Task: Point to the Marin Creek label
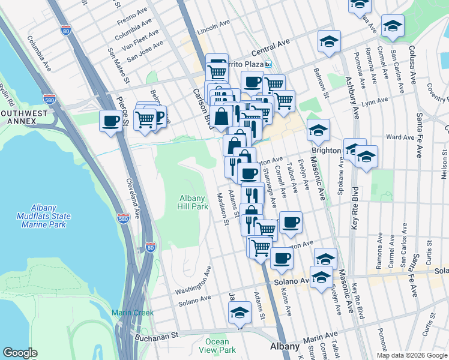coord(133,313)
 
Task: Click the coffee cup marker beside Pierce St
coord(110,121)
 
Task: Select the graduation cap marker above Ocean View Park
coord(240,313)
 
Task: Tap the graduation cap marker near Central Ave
coord(328,41)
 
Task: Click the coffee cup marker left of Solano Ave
coord(282,258)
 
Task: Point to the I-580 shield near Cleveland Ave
coord(123,218)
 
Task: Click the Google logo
coord(20,353)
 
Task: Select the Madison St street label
coord(222,209)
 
